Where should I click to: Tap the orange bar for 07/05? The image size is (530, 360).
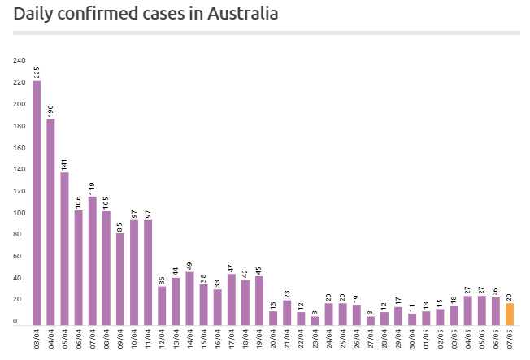510,314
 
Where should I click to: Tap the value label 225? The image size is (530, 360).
37,72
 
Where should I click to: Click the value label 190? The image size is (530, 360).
50,111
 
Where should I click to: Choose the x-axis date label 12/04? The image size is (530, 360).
163,337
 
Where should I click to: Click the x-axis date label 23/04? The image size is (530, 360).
315,337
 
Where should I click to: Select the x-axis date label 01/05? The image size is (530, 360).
426,337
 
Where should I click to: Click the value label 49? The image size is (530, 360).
190,265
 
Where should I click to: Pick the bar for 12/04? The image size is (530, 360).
163,306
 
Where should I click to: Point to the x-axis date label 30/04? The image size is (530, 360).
412,337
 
